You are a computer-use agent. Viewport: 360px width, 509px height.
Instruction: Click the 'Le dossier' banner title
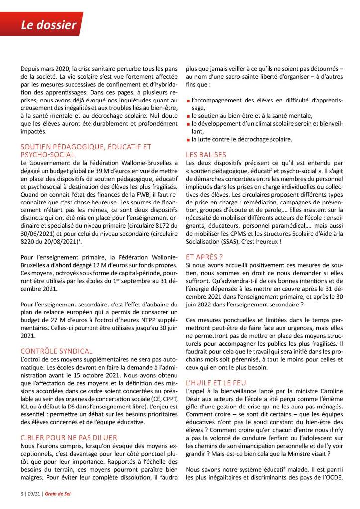coord(48,24)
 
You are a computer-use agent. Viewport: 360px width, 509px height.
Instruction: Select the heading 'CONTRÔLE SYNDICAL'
coord(56,351)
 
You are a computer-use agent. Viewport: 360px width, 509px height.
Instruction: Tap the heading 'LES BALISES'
coord(206,154)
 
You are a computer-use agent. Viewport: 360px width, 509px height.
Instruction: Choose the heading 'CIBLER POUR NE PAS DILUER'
coord(69,437)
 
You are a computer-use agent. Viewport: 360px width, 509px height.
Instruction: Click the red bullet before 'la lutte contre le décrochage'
coord(188,140)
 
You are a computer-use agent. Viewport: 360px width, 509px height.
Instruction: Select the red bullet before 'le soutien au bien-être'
coord(188,116)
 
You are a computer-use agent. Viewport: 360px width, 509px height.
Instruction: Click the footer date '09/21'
coord(34,494)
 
